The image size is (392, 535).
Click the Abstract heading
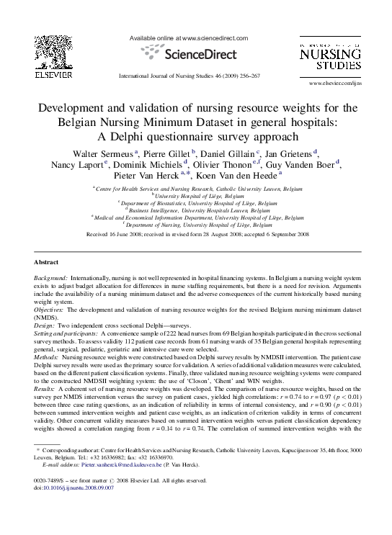[48, 261]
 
